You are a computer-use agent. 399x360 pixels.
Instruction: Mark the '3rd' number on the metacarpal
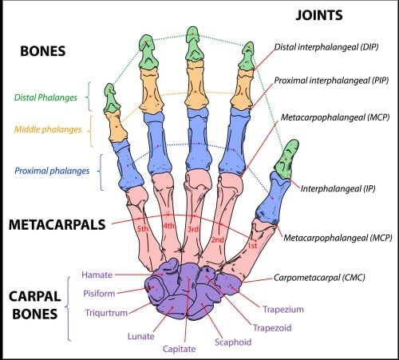coord(192,229)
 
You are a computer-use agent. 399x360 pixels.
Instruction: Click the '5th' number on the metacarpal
coord(143,229)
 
